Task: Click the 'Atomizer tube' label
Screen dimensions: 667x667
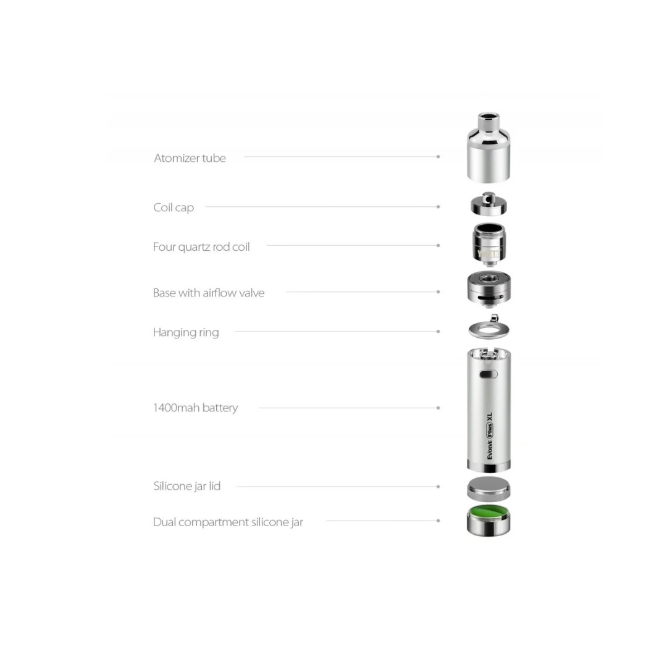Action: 190,158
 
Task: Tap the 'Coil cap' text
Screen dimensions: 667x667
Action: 174,208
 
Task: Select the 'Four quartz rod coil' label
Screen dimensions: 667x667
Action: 201,246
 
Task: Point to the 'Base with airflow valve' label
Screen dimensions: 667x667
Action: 209,293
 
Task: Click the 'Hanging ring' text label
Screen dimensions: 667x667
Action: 186,332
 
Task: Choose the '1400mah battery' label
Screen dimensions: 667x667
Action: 195,408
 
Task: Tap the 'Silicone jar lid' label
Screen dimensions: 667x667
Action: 187,486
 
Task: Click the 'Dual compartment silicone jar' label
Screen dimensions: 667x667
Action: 228,522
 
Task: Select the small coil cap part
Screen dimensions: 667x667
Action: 489,204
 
